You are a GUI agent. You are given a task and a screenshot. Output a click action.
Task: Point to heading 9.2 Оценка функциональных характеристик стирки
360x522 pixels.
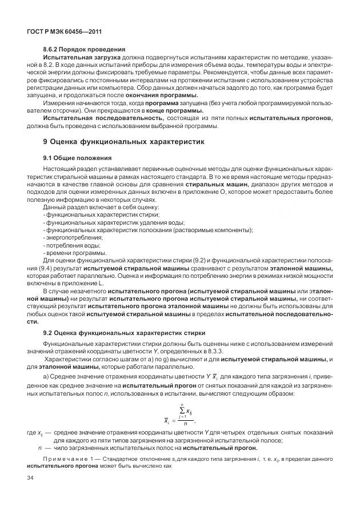click(x=125, y=333)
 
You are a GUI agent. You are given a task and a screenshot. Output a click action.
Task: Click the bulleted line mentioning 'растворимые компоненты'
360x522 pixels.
click(x=148, y=230)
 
